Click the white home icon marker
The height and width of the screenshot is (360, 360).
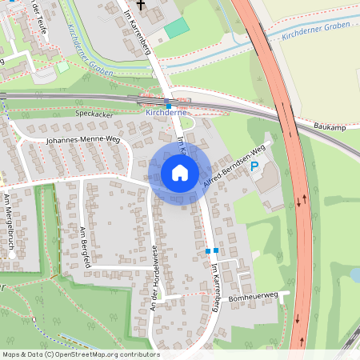point(180,173)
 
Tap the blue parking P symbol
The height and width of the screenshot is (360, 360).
point(255,166)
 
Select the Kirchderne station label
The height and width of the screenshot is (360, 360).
point(166,114)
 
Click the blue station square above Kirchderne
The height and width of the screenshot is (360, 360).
point(168,106)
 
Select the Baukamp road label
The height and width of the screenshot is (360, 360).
point(330,126)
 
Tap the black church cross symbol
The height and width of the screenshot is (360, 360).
point(142,5)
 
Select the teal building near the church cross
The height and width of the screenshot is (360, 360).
point(177,28)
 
